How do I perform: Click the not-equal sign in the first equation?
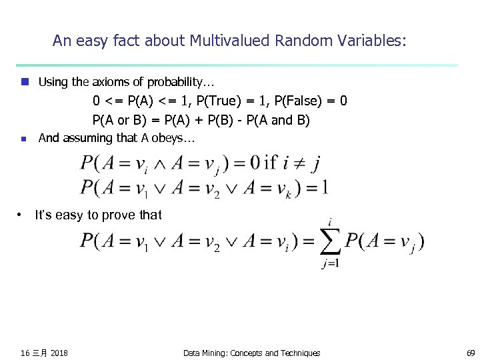[x=295, y=163]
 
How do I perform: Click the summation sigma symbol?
[x=330, y=242]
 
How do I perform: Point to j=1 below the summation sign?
[x=330, y=263]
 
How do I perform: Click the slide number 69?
[x=471, y=353]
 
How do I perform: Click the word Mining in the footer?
[x=215, y=353]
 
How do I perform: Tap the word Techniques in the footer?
[x=298, y=353]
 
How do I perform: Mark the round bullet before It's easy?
[x=21, y=215]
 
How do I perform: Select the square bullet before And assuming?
[x=24, y=139]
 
